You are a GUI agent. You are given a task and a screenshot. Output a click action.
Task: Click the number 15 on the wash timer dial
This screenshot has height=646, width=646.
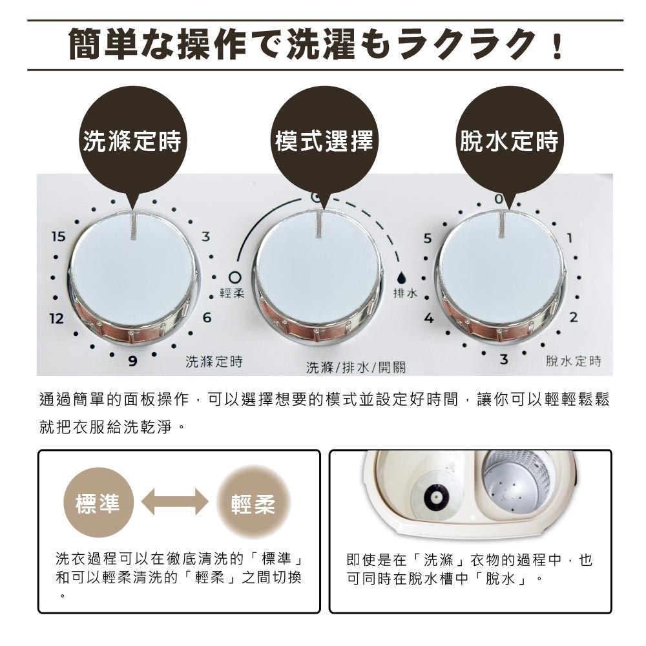[x=59, y=237]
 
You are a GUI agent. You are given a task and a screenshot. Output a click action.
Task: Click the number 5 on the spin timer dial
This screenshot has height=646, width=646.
[x=427, y=238]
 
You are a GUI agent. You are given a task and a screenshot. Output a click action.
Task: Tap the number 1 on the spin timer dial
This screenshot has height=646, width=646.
[x=569, y=238]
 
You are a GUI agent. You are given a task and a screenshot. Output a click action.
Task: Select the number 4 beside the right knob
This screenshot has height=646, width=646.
[x=428, y=318]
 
